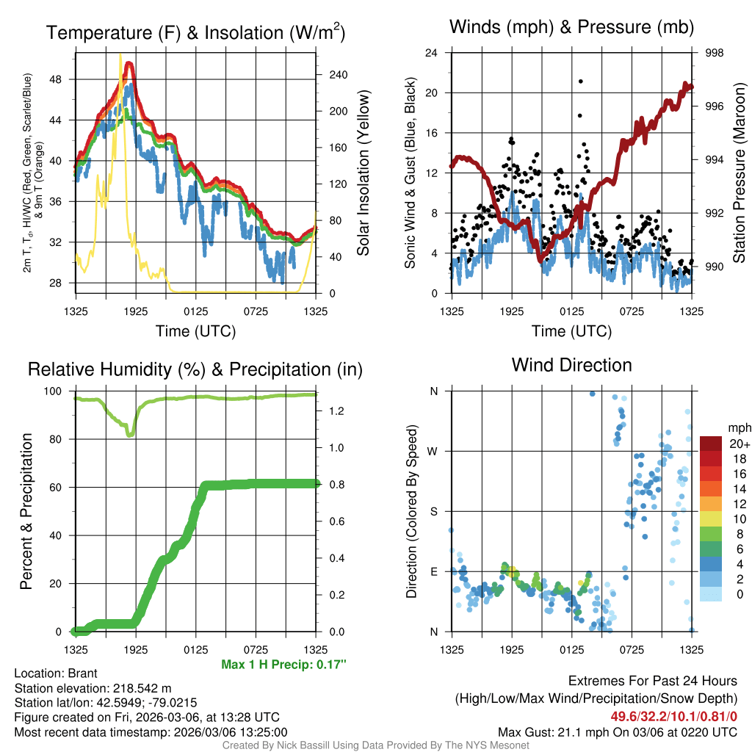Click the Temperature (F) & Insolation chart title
[x=196, y=33]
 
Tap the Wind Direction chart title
[x=571, y=365]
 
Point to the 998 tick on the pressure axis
[x=714, y=53]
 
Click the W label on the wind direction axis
[x=433, y=451]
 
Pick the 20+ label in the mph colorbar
[x=739, y=444]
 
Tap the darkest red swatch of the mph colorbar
[x=712, y=444]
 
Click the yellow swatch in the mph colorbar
[x=712, y=518]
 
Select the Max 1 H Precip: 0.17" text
[x=283, y=665]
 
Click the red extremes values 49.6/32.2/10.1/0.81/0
[x=673, y=716]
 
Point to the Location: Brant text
[x=56, y=673]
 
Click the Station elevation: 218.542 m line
[x=93, y=688]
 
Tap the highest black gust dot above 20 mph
[x=580, y=82]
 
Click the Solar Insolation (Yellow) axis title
[x=363, y=173]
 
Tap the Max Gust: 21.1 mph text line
[x=617, y=731]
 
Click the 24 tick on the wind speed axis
[x=432, y=53]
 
